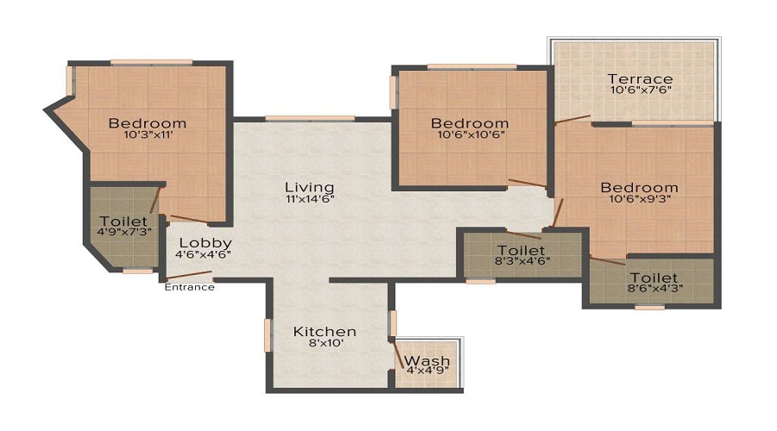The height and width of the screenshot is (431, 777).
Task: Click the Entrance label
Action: tap(189, 287)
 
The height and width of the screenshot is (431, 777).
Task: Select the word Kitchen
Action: tap(324, 331)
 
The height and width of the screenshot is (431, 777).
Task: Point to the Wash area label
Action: tap(427, 360)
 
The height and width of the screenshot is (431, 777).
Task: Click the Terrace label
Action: tap(639, 79)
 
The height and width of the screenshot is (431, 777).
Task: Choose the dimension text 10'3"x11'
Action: tap(147, 135)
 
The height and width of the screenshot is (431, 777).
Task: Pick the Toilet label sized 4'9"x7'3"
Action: tap(123, 221)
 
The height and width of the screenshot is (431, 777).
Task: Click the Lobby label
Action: tap(204, 243)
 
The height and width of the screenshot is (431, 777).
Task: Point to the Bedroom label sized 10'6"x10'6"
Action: tap(470, 123)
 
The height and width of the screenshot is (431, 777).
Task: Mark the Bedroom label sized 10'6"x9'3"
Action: tap(639, 187)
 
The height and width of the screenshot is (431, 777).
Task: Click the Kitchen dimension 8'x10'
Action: tap(324, 343)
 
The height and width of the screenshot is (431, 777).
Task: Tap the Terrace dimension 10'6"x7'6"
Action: tap(639, 90)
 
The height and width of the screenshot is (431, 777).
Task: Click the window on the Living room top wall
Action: tap(309, 118)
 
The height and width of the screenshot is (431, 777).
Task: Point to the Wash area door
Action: tap(398, 355)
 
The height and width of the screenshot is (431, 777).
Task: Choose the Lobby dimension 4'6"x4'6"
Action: tap(204, 254)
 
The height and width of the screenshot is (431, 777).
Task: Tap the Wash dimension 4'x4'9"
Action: tap(427, 372)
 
